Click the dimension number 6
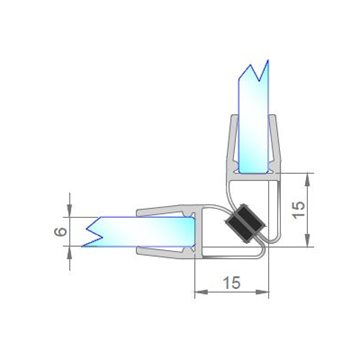[61, 231]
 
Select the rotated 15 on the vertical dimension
[299, 210]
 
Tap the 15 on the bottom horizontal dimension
[232, 283]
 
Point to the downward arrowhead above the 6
[70, 210]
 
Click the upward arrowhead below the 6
[70, 254]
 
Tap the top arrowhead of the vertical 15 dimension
[307, 180]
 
